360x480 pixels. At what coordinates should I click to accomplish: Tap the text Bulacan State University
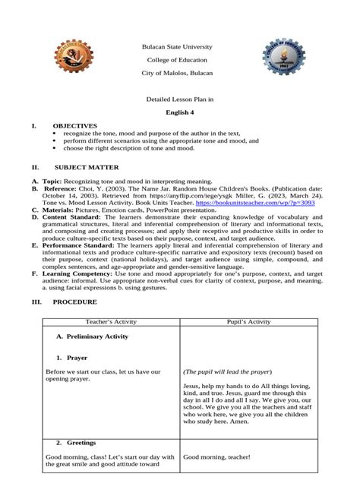179,47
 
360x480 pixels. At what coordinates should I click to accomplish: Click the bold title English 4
180,112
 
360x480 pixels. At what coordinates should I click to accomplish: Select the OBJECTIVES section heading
74,125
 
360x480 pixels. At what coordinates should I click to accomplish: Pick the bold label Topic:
51,182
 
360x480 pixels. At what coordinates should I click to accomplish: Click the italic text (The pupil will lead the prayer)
227,372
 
